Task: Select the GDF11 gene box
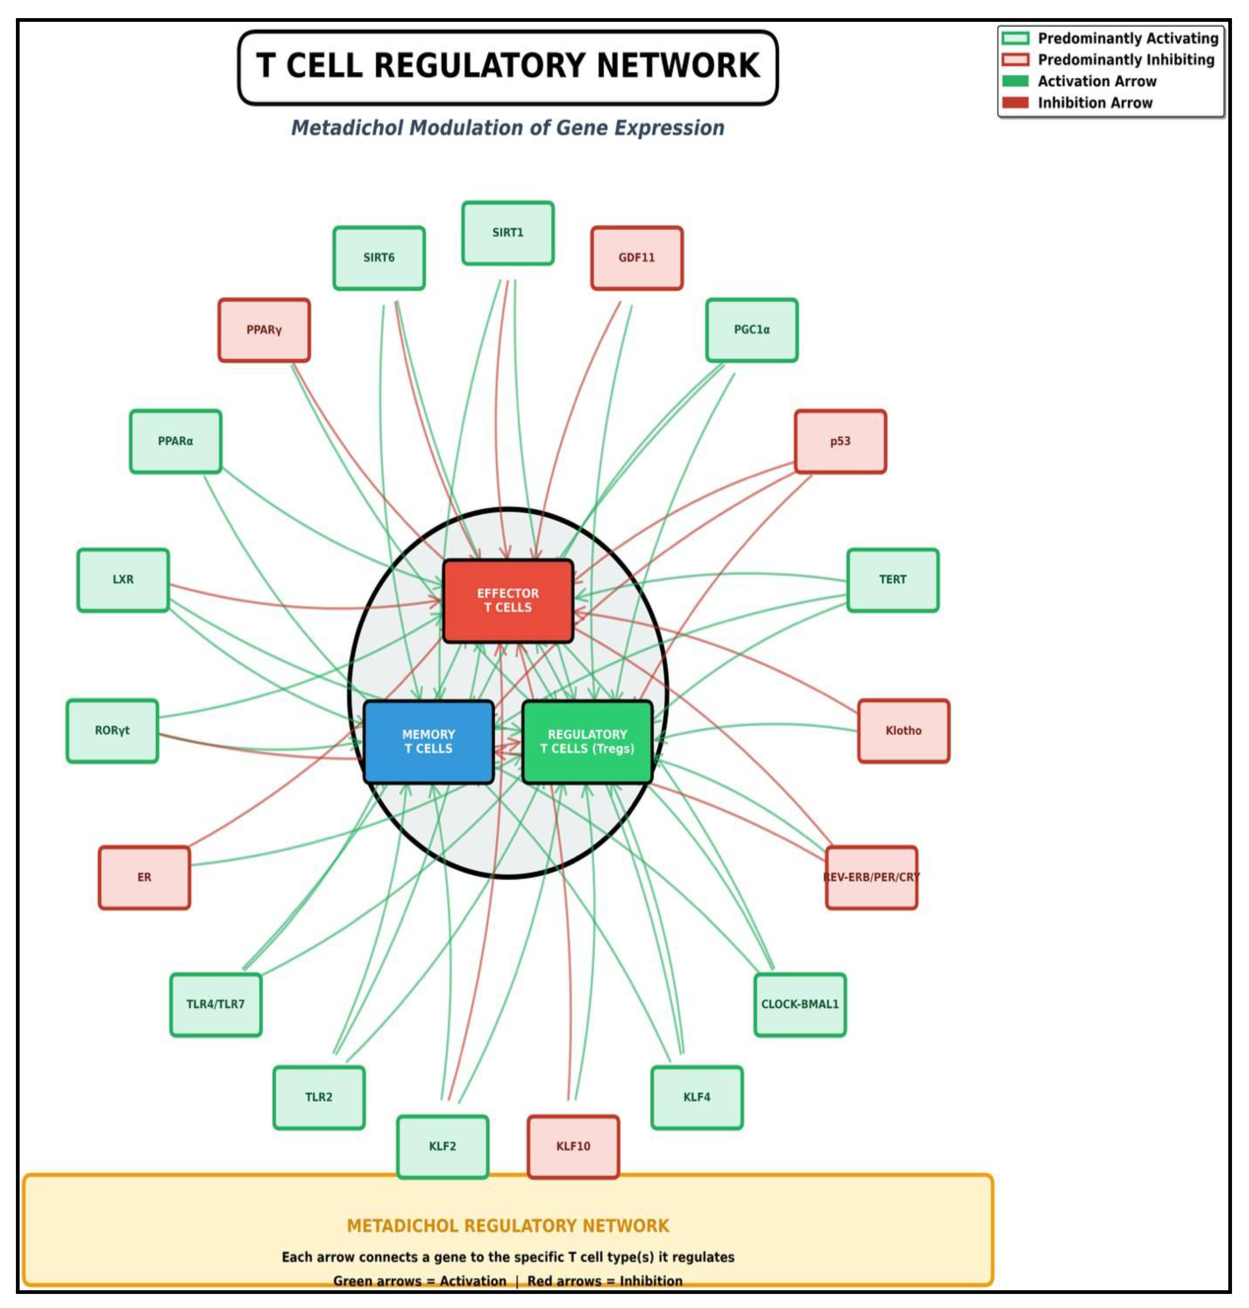point(637,258)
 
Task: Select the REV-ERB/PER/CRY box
point(871,877)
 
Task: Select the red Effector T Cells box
point(507,601)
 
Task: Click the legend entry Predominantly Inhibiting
point(1125,60)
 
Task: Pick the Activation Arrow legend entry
point(1097,81)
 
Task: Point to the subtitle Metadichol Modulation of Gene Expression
point(507,128)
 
